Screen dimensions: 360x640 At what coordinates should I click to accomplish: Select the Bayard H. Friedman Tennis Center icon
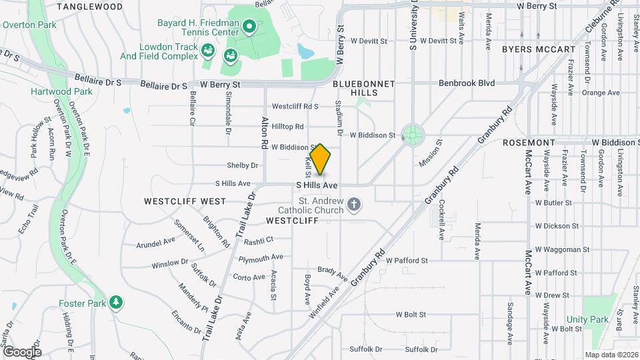(249, 27)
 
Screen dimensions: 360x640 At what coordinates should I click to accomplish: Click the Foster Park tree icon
(116, 302)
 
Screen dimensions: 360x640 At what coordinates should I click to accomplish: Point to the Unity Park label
(587, 320)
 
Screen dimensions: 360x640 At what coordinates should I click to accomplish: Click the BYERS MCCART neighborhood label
(538, 49)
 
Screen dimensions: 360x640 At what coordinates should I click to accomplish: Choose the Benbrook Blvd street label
(467, 83)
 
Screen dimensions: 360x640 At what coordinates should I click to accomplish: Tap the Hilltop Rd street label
(288, 126)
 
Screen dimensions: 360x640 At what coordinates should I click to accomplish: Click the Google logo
(22, 351)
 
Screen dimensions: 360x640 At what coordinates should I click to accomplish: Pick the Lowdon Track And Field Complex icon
(208, 50)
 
